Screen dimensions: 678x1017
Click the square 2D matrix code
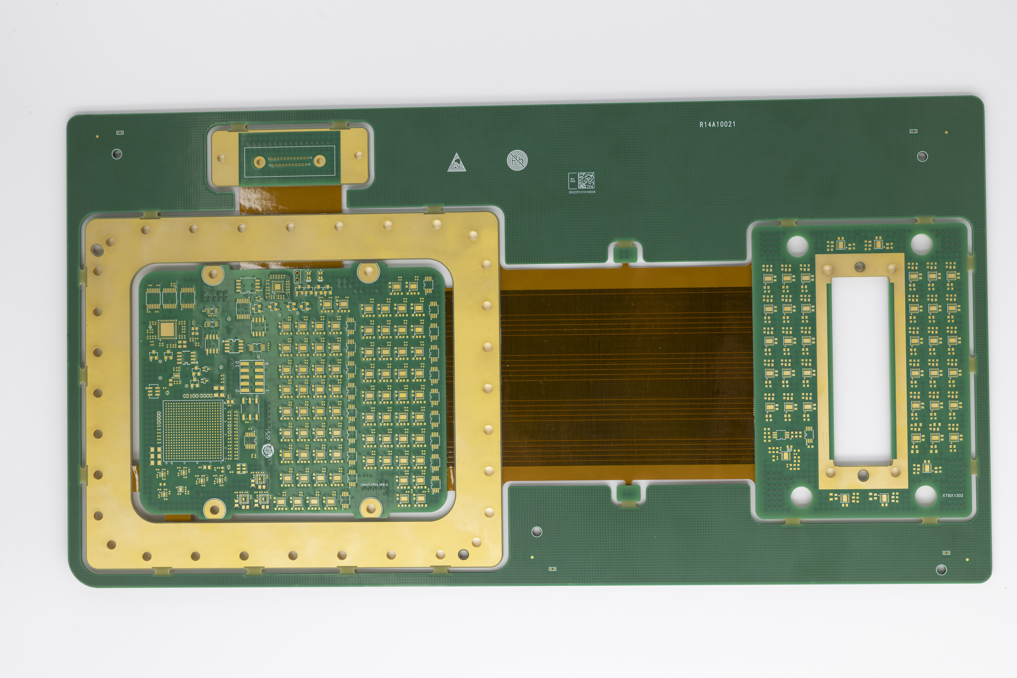coord(586,180)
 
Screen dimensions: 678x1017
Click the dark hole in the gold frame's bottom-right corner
coord(463,554)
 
